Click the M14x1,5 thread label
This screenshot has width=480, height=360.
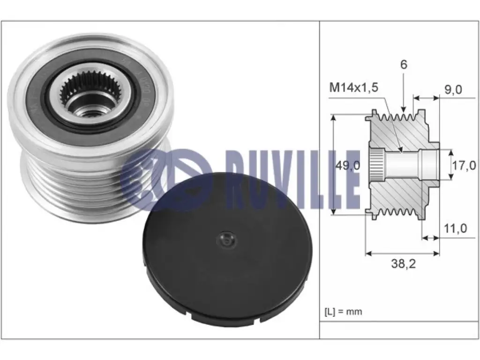coord(353,88)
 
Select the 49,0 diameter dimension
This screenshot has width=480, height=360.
coord(348,165)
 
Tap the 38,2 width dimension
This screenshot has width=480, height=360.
coord(404,263)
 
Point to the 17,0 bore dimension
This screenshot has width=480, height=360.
coord(464,165)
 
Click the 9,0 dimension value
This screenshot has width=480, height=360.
coord(453,90)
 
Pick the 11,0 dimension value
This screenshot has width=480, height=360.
coord(456,228)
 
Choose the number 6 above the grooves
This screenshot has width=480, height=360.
coord(404,65)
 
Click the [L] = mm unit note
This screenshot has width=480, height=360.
coord(343,312)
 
